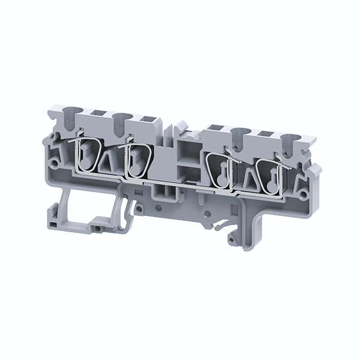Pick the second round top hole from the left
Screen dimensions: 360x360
coord(124,119)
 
